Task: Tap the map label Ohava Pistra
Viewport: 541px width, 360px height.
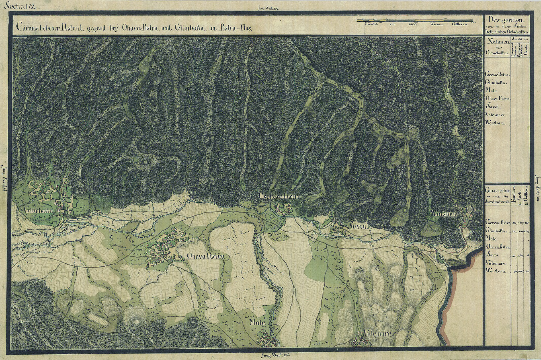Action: [206, 256]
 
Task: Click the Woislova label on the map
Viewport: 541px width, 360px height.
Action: [444, 214]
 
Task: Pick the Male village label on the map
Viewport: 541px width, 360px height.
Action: [257, 323]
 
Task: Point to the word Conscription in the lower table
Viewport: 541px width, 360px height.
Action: [497, 190]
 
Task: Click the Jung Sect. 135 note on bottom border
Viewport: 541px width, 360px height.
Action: [275, 355]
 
